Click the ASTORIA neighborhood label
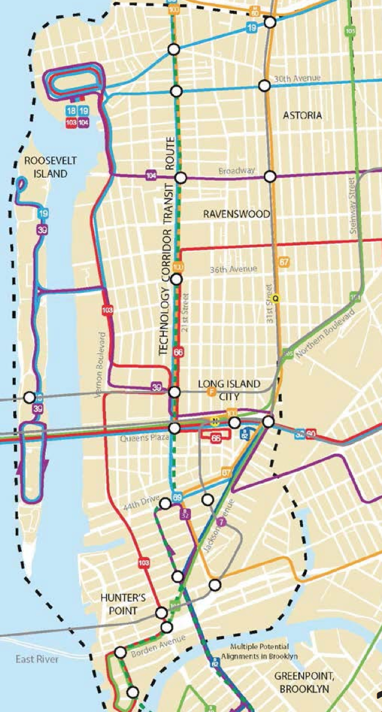(x=305, y=115)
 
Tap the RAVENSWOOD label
(x=236, y=214)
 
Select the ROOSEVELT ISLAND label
(x=42, y=167)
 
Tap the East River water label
(x=37, y=660)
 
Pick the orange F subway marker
(x=211, y=392)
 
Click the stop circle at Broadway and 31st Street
(x=271, y=176)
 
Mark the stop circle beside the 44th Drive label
(x=165, y=504)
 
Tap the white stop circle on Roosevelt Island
(x=29, y=398)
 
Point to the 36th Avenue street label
(x=232, y=269)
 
